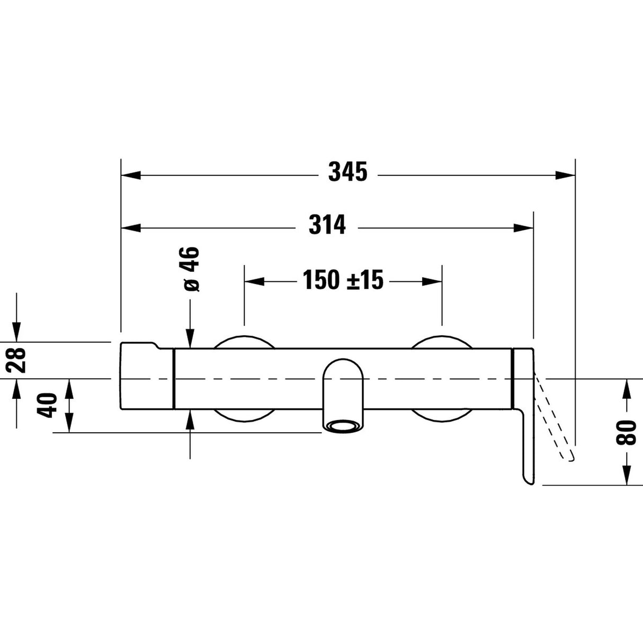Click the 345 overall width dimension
(347, 172)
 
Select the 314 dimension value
(327, 225)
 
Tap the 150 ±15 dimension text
(343, 280)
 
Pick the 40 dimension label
(49, 405)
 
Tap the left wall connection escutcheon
(244, 343)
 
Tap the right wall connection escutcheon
(442, 343)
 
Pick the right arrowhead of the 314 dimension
(523, 228)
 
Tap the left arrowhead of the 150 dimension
(254, 281)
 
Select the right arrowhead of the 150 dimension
(432, 281)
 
